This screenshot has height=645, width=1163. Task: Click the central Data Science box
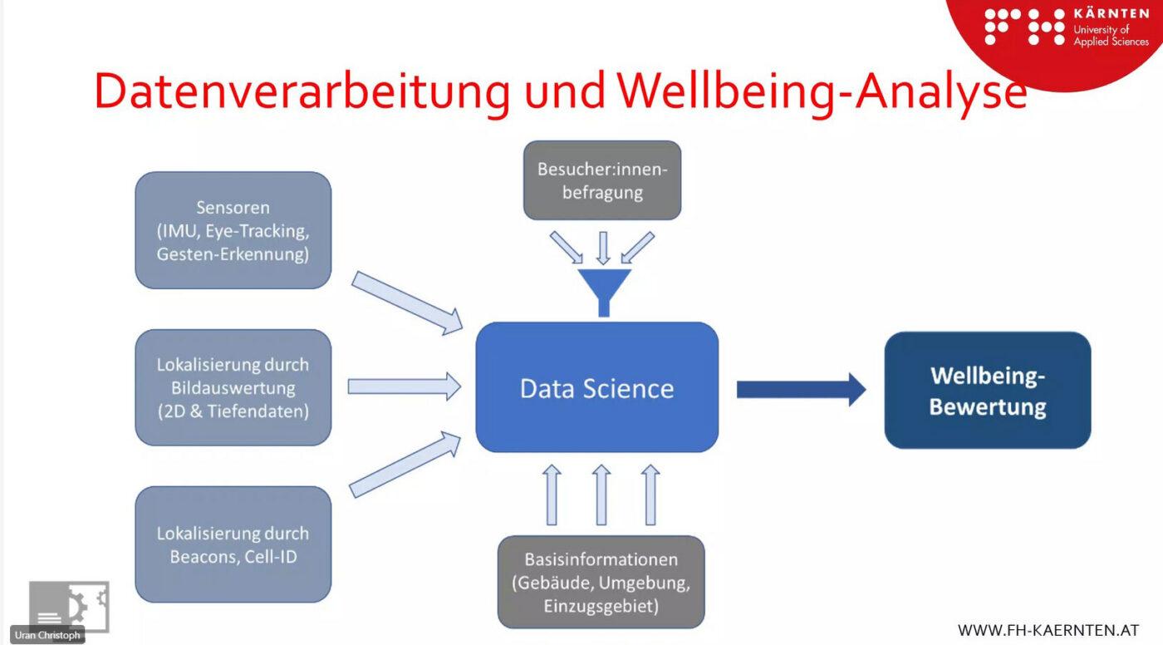click(597, 387)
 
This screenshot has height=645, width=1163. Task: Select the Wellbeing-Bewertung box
click(988, 391)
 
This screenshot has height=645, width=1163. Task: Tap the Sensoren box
click(233, 230)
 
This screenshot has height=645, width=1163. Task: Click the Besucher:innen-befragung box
click(602, 180)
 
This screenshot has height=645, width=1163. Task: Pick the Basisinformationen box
click(601, 582)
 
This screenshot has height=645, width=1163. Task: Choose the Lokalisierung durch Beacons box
click(233, 544)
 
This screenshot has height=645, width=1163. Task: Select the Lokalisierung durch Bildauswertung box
click(233, 387)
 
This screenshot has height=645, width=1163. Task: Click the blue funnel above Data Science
click(604, 292)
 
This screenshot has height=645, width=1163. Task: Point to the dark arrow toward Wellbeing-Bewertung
click(801, 390)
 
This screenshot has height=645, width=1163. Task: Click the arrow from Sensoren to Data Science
click(407, 303)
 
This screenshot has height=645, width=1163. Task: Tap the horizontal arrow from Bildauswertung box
click(404, 387)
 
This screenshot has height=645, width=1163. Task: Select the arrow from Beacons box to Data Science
click(405, 465)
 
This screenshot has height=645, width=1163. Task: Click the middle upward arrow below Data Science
click(601, 495)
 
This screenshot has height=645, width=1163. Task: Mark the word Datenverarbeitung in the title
click(302, 91)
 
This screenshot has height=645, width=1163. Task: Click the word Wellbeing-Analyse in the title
click(822, 92)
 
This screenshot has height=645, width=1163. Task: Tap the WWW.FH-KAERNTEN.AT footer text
click(1048, 631)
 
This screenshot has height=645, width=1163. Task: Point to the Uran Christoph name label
click(47, 635)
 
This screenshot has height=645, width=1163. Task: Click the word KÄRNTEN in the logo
click(1111, 14)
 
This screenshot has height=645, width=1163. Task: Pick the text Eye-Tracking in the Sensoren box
click(258, 231)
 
